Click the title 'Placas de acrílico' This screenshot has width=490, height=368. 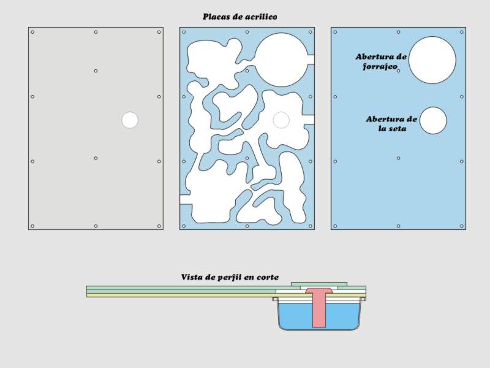[x=239, y=17]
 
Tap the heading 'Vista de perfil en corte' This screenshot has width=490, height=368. [x=230, y=277]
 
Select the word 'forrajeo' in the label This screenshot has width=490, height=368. [x=380, y=66]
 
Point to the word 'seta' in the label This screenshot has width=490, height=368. [x=397, y=128]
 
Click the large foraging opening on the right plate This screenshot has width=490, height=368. [x=432, y=59]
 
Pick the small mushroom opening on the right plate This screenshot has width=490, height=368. [x=433, y=120]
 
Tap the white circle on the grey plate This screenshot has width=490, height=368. [x=130, y=120]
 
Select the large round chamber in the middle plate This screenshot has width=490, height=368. [x=281, y=59]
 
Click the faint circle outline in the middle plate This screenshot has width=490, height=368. [x=281, y=112]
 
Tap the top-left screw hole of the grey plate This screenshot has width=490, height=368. [x=32, y=32]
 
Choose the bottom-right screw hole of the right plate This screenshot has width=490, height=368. [x=462, y=226]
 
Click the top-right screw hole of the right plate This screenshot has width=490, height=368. [x=462, y=32]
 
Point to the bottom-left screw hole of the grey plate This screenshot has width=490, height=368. [x=32, y=226]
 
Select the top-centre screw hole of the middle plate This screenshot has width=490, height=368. [x=247, y=32]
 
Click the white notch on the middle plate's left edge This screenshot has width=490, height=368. [x=185, y=199]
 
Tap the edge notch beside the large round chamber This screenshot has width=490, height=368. [x=311, y=59]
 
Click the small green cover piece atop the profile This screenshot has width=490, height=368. [x=319, y=284]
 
